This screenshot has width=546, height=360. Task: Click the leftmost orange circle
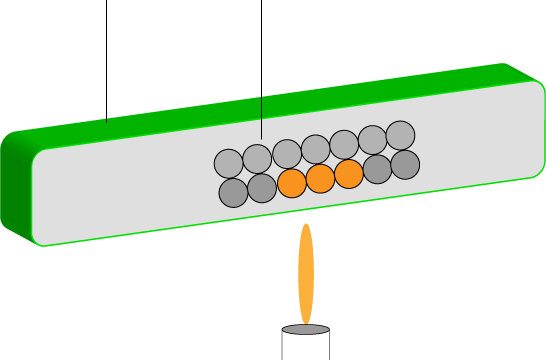coord(292,183)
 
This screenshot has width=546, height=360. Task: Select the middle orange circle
coord(320,179)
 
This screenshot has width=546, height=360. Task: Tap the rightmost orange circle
coord(349,174)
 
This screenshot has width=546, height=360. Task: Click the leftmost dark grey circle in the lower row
coord(233,192)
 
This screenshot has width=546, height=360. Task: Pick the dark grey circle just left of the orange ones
coord(262,188)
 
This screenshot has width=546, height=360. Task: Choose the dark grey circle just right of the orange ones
coord(377,169)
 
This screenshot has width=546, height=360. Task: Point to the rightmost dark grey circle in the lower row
coord(405,165)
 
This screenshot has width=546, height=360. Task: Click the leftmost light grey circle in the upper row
coord(229,163)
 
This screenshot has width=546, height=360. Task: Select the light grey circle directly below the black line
coord(257,159)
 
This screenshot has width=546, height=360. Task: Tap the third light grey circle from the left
coord(287,154)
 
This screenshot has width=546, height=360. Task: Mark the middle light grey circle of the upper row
coord(315,149)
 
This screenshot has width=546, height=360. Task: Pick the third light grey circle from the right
coord(344,144)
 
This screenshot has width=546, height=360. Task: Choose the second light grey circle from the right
coord(372,140)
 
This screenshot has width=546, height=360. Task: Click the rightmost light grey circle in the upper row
coord(400,135)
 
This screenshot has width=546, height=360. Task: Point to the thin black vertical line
coord(261,118)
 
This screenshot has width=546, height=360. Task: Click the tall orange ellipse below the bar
coord(306,273)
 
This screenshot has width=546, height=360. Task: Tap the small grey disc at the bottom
coord(306,329)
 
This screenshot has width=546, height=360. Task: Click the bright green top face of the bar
coord(300,94)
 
